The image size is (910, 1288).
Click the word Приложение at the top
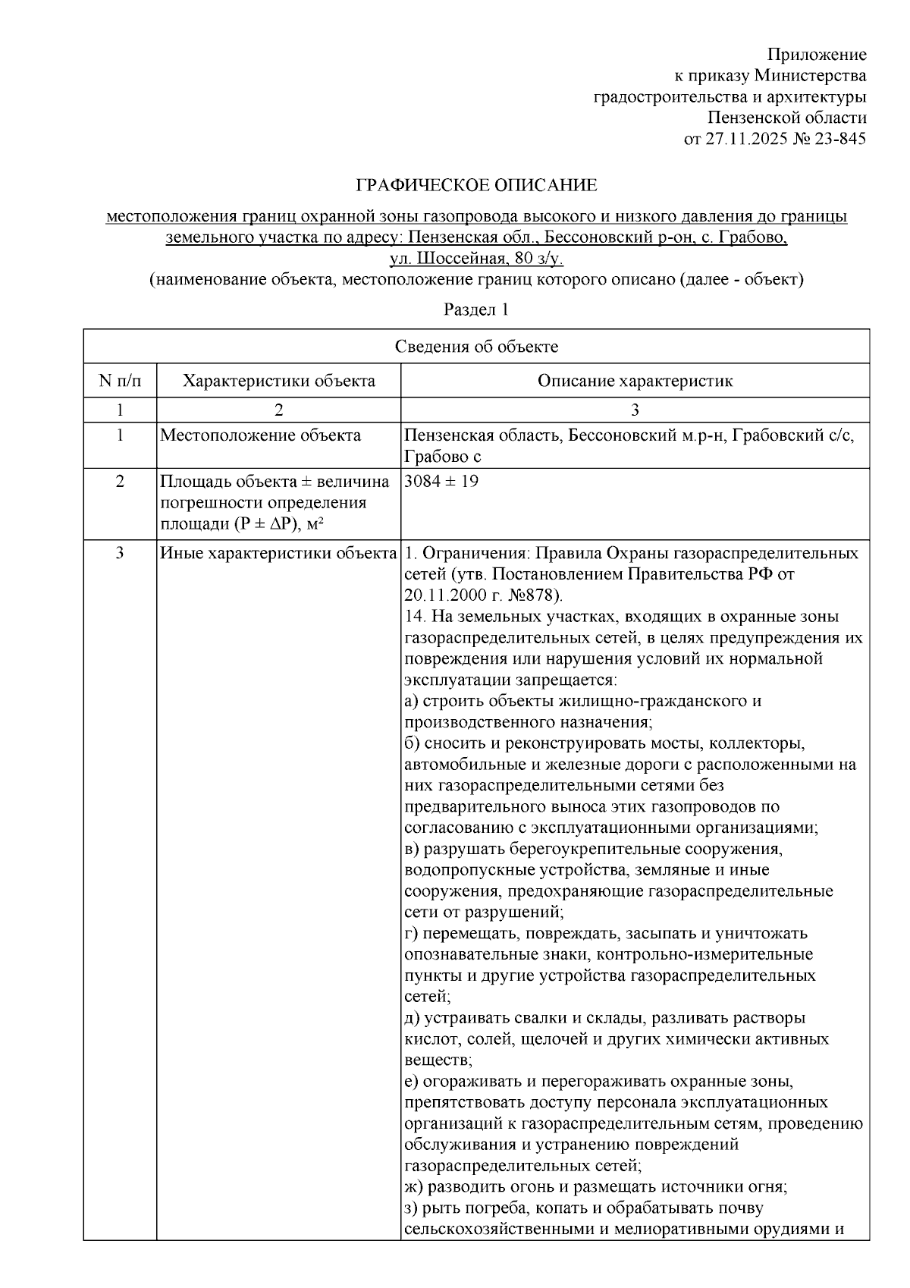816,55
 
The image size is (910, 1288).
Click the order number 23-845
840,140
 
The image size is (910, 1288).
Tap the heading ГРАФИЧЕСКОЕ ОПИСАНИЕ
476,186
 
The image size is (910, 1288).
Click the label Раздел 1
475,310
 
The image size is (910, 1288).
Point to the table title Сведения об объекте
476,347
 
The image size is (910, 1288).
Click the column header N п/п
120,381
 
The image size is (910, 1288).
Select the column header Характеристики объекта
278,381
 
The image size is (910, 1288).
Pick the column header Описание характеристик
635,381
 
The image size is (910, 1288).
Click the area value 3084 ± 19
441,482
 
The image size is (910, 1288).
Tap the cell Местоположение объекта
260,435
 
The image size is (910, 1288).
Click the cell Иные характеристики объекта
278,553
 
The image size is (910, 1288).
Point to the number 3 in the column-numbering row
635,410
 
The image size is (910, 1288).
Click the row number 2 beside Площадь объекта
120,482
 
